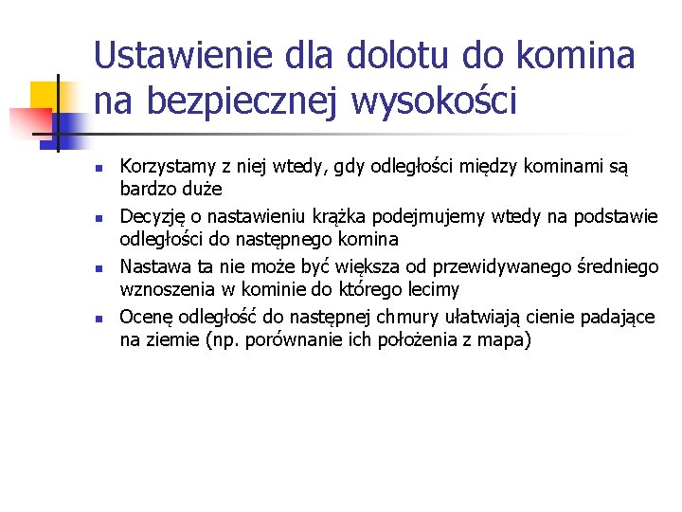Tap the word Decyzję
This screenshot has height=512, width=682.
tap(152, 218)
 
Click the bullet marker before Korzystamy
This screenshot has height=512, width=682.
tap(99, 169)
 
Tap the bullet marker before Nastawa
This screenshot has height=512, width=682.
tap(99, 268)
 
